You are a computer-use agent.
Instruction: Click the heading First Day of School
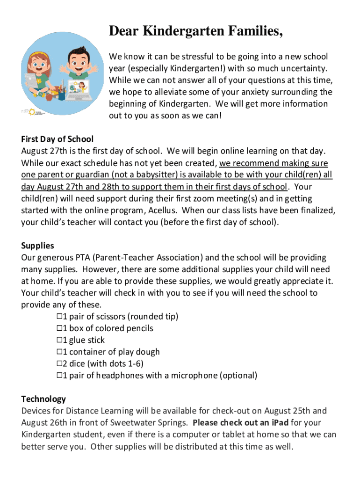(x=57, y=139)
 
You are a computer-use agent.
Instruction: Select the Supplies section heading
(x=37, y=246)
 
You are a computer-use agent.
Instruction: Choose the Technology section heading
(x=43, y=399)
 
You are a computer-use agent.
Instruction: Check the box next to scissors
(x=59, y=317)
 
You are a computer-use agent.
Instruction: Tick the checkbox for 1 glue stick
(x=59, y=340)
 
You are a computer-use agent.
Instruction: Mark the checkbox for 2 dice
(x=59, y=363)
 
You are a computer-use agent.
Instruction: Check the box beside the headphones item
(x=59, y=375)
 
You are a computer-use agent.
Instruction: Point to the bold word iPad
(x=279, y=423)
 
